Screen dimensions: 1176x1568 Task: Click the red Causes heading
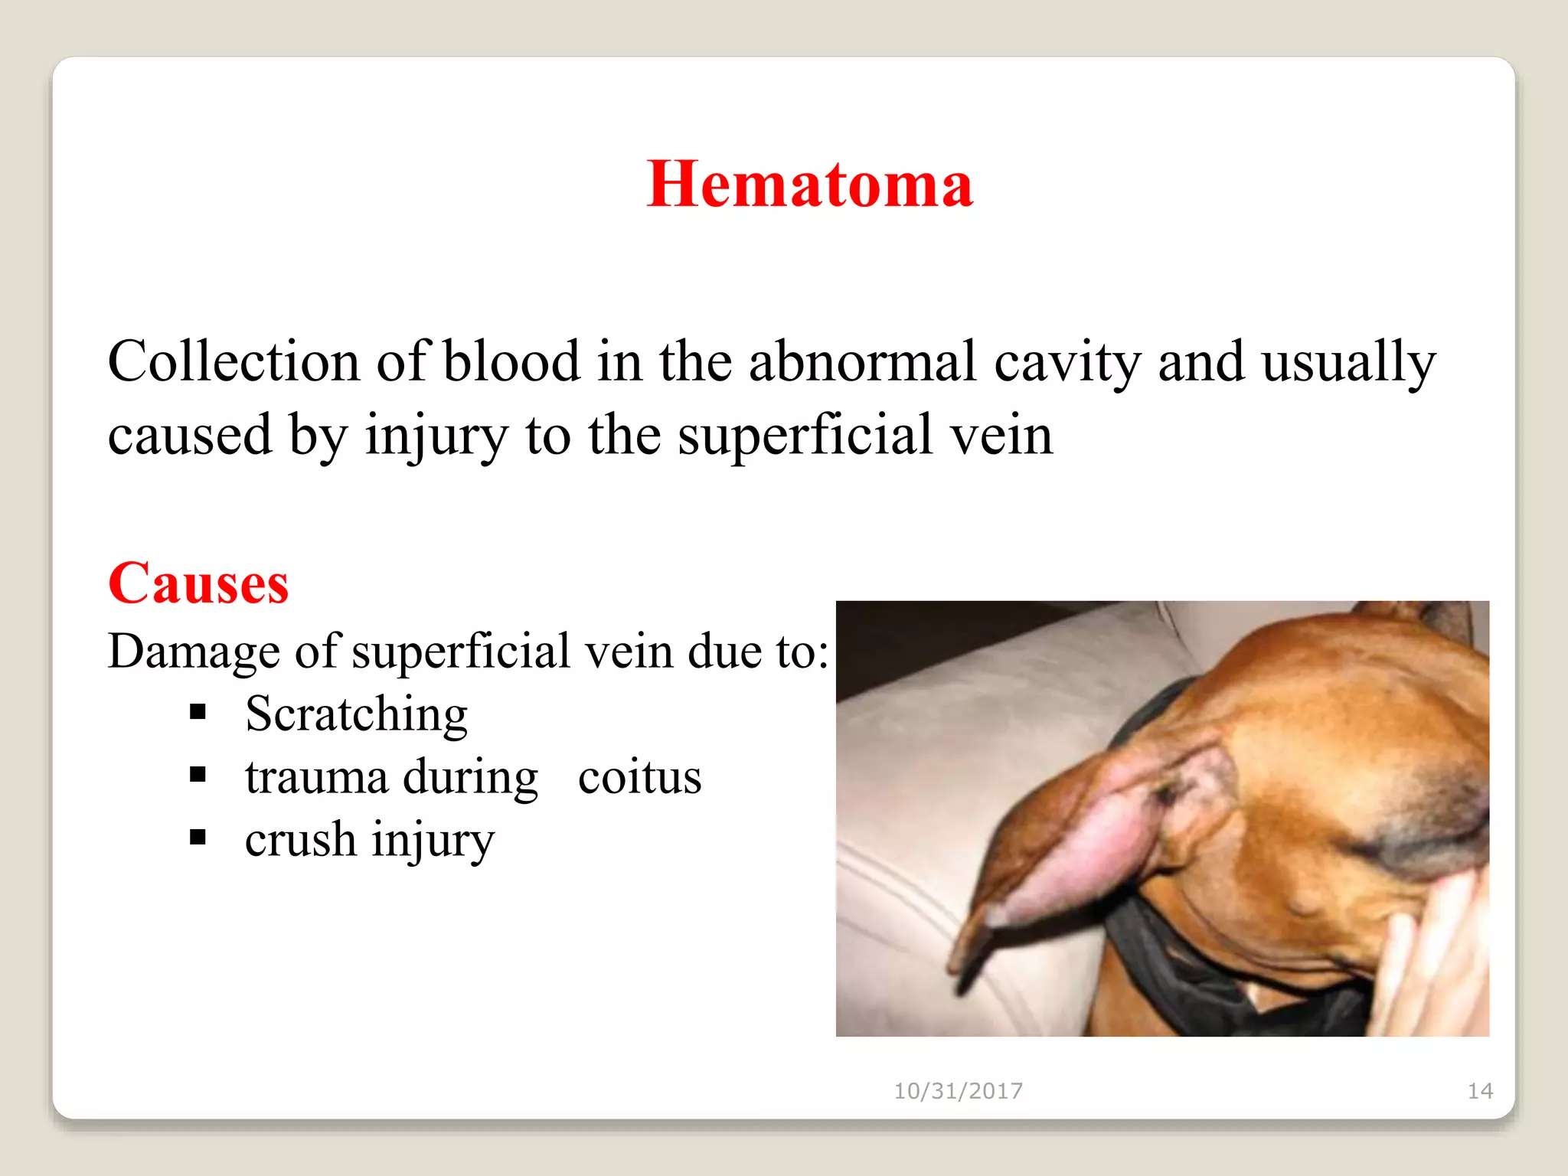point(198,583)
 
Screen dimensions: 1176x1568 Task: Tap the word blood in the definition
point(511,361)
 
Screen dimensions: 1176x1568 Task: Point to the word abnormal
point(862,361)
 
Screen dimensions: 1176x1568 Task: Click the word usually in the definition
point(1348,363)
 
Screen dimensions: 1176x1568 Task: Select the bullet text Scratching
point(356,714)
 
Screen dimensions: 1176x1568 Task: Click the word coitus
point(639,777)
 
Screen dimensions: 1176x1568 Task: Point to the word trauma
point(316,777)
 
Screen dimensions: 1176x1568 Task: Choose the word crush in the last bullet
point(300,840)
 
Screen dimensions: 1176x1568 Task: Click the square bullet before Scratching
point(198,713)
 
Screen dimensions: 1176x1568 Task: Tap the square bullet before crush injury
point(198,838)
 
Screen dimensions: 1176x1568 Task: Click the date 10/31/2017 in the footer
point(958,1091)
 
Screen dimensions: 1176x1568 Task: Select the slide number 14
point(1479,1091)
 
